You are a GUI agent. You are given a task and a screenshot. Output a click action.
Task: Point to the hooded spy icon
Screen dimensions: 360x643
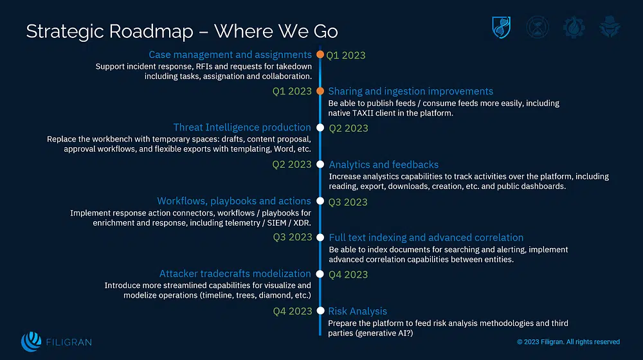click(608, 27)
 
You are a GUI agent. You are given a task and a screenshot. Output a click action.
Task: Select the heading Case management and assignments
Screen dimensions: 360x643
click(230, 55)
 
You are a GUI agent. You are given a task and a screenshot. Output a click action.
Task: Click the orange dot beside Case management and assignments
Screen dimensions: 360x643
click(320, 55)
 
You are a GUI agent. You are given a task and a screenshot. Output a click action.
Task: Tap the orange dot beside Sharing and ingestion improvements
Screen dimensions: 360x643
click(320, 91)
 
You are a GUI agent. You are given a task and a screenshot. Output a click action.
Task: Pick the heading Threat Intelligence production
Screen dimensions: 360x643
click(242, 128)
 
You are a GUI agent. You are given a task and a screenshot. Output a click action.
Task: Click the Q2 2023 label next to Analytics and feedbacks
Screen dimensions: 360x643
click(292, 165)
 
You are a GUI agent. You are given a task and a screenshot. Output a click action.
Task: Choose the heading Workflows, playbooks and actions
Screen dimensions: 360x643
click(234, 201)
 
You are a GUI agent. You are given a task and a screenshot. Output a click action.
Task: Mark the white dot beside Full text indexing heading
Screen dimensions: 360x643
click(320, 238)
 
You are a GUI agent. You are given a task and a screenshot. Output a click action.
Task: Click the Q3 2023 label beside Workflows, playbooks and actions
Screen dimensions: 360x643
click(348, 202)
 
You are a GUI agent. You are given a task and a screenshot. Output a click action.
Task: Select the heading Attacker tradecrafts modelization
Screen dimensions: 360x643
click(235, 274)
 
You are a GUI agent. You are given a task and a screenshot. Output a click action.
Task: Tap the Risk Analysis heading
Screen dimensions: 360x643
click(358, 311)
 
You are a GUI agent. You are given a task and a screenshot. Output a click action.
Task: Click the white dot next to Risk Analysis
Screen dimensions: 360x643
click(320, 311)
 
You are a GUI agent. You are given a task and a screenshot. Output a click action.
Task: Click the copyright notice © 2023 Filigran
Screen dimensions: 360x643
click(568, 342)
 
